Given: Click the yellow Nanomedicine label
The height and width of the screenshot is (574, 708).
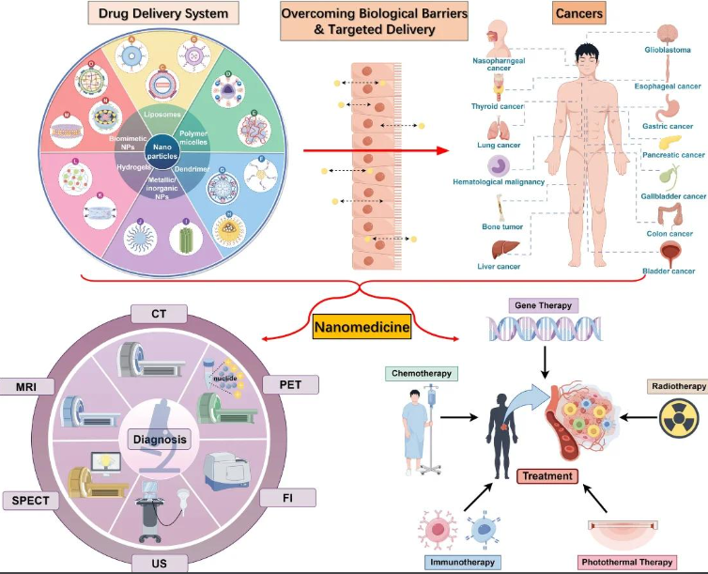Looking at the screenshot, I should tap(360, 330).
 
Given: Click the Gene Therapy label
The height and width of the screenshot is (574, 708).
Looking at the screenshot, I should tap(546, 306).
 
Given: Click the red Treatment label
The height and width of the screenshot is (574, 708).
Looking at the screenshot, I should tap(546, 476).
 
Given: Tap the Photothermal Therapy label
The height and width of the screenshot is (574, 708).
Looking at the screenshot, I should tap(629, 562).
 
